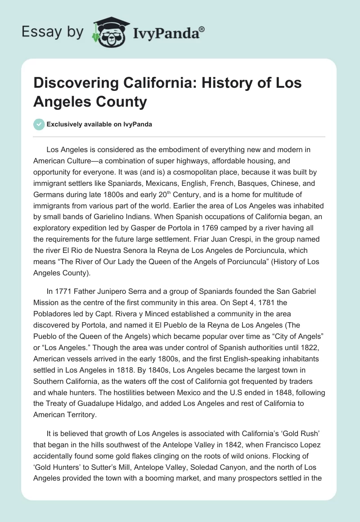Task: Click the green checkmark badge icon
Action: pyautogui.click(x=39, y=125)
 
